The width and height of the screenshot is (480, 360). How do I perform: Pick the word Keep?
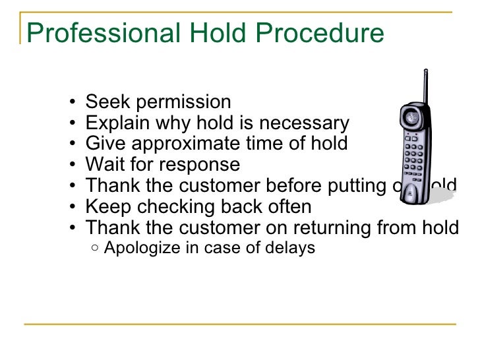click(x=107, y=207)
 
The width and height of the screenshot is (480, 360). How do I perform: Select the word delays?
click(x=291, y=249)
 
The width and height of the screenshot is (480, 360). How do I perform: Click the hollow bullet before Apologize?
click(x=96, y=249)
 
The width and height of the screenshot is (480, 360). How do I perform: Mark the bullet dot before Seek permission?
click(x=71, y=103)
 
